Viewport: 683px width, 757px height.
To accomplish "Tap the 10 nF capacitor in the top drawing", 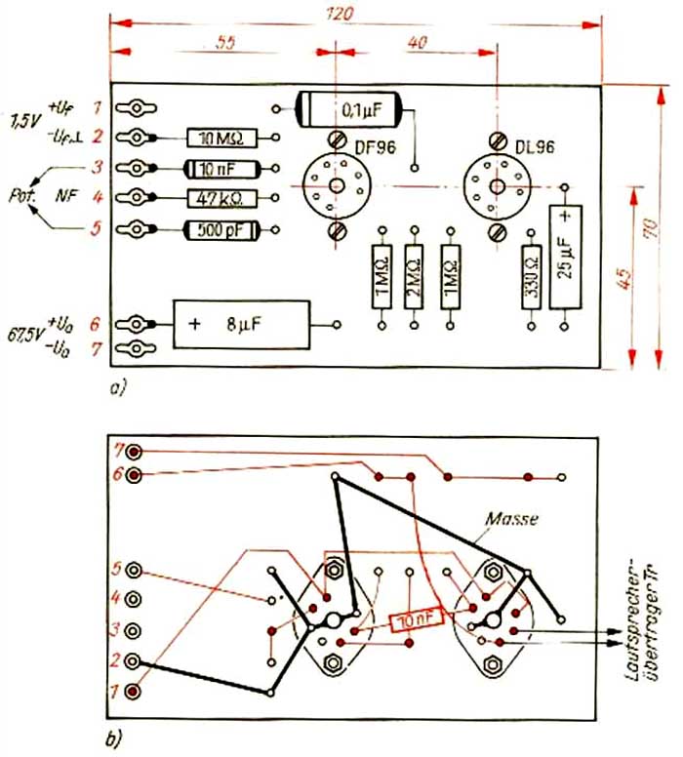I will (x=216, y=168).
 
